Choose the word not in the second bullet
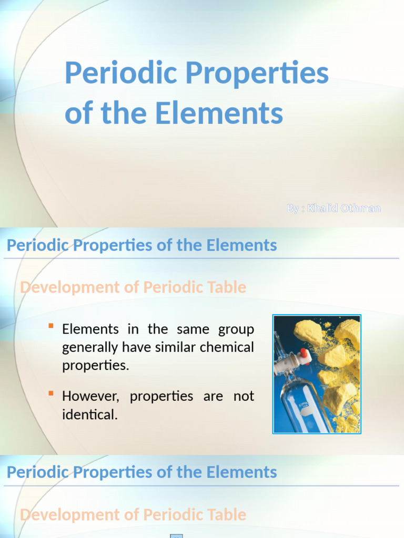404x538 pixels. [x=244, y=396]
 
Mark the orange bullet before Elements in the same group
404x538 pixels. [x=51, y=326]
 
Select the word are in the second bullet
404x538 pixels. [x=213, y=396]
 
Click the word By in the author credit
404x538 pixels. [x=293, y=209]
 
